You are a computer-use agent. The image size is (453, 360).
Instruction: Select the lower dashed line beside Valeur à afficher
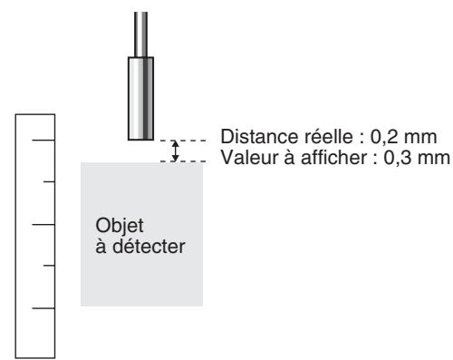coord(195,161)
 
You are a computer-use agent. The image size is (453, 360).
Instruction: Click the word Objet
coord(113,224)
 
